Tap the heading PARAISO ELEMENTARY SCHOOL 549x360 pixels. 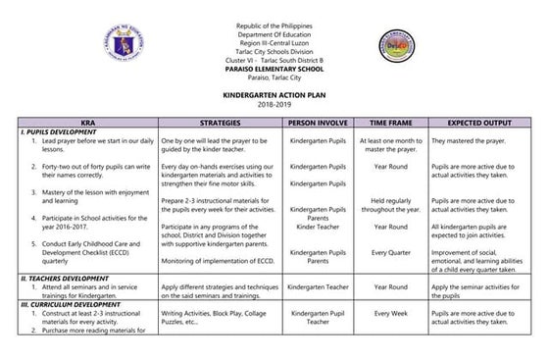point(274,71)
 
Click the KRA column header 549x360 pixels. point(85,124)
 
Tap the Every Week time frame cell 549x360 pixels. point(390,314)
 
